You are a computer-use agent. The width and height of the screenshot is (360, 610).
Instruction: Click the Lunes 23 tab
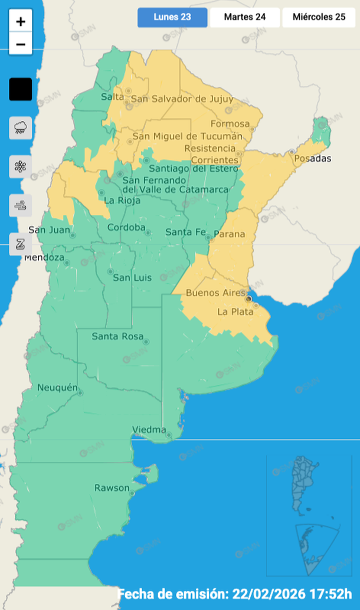point(172,17)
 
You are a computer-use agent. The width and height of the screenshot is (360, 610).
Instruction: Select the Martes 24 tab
point(244,17)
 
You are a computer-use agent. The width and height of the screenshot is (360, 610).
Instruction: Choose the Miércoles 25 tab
point(319,17)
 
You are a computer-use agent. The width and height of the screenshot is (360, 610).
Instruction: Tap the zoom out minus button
point(21,44)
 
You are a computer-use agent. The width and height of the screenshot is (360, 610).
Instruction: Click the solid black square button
point(21,90)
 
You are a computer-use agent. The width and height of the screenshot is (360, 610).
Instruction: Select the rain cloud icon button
point(21,127)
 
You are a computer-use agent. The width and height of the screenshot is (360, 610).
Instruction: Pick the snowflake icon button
point(21,166)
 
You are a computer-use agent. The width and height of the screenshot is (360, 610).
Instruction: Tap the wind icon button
point(21,205)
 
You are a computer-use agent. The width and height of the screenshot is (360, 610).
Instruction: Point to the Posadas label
point(313,159)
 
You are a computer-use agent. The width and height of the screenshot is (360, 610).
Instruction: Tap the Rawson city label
point(112,488)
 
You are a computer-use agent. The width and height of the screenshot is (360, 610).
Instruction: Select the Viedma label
point(149,429)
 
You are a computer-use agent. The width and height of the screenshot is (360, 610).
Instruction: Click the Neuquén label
point(57,388)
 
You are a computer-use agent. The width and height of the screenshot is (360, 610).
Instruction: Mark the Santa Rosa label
point(117,336)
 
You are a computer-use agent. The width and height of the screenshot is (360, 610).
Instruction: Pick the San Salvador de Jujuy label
point(182,99)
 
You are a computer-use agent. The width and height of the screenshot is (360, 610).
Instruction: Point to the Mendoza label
point(44,258)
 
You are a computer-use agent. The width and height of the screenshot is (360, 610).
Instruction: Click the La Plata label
point(235,311)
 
